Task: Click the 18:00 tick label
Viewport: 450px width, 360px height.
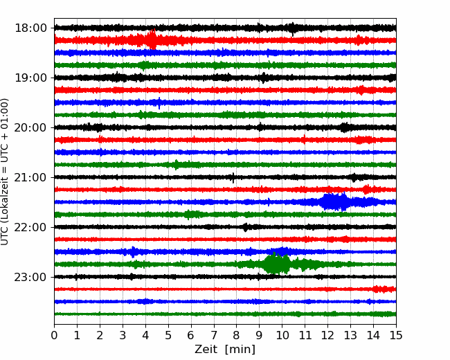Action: [30, 28]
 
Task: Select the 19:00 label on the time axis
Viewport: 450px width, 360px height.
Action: [30, 78]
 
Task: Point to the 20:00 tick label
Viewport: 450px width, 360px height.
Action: [30, 127]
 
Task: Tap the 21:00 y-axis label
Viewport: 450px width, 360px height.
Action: [30, 177]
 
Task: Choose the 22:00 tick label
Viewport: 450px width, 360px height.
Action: [30, 227]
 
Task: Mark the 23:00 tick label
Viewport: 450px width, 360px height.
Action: [30, 277]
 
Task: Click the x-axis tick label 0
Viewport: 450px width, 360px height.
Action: [54, 335]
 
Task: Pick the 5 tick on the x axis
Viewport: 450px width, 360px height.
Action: [168, 335]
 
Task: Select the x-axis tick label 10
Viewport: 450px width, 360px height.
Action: [282, 335]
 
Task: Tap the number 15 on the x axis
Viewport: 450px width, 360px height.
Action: [396, 335]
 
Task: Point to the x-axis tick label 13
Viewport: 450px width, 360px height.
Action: [350, 335]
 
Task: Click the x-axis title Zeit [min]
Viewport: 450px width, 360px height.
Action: [225, 350]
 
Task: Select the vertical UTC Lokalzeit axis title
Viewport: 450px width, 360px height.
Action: [4, 172]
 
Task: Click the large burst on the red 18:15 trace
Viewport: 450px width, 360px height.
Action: [152, 39]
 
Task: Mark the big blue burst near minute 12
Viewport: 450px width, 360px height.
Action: [334, 202]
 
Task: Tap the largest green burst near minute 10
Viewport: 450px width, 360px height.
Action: [276, 264]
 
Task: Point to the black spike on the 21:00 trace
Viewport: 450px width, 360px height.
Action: [233, 178]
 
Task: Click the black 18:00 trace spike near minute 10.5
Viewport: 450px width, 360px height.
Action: [292, 28]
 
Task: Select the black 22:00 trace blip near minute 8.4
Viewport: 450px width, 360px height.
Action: [245, 227]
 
